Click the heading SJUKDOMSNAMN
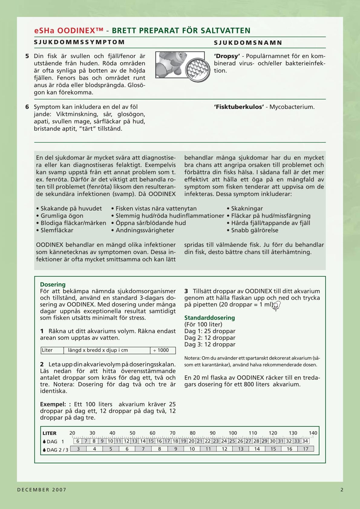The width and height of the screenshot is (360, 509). tap(248, 43)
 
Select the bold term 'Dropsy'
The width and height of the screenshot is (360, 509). tap(227, 56)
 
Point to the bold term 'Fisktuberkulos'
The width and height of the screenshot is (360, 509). tap(239, 107)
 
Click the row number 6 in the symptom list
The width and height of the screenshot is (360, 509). tap(27, 107)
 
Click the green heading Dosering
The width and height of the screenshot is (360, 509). tap(53, 285)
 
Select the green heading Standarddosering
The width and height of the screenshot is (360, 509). tap(209, 318)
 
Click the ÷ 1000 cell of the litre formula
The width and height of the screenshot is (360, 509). tap(162, 350)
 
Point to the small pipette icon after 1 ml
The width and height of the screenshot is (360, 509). tap(276, 306)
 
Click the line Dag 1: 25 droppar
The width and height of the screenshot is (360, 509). tap(210, 331)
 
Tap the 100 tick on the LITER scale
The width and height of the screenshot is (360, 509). tap(233, 433)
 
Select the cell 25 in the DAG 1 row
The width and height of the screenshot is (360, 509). tap(232, 441)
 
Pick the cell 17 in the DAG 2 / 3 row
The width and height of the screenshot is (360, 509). tap(306, 449)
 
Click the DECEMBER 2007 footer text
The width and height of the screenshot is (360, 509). tap(42, 490)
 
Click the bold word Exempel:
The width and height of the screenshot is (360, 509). tap(55, 404)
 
